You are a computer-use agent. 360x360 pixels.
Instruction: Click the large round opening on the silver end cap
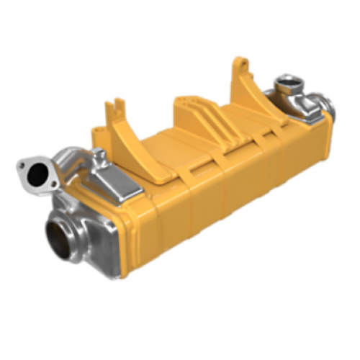tap(63, 236)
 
